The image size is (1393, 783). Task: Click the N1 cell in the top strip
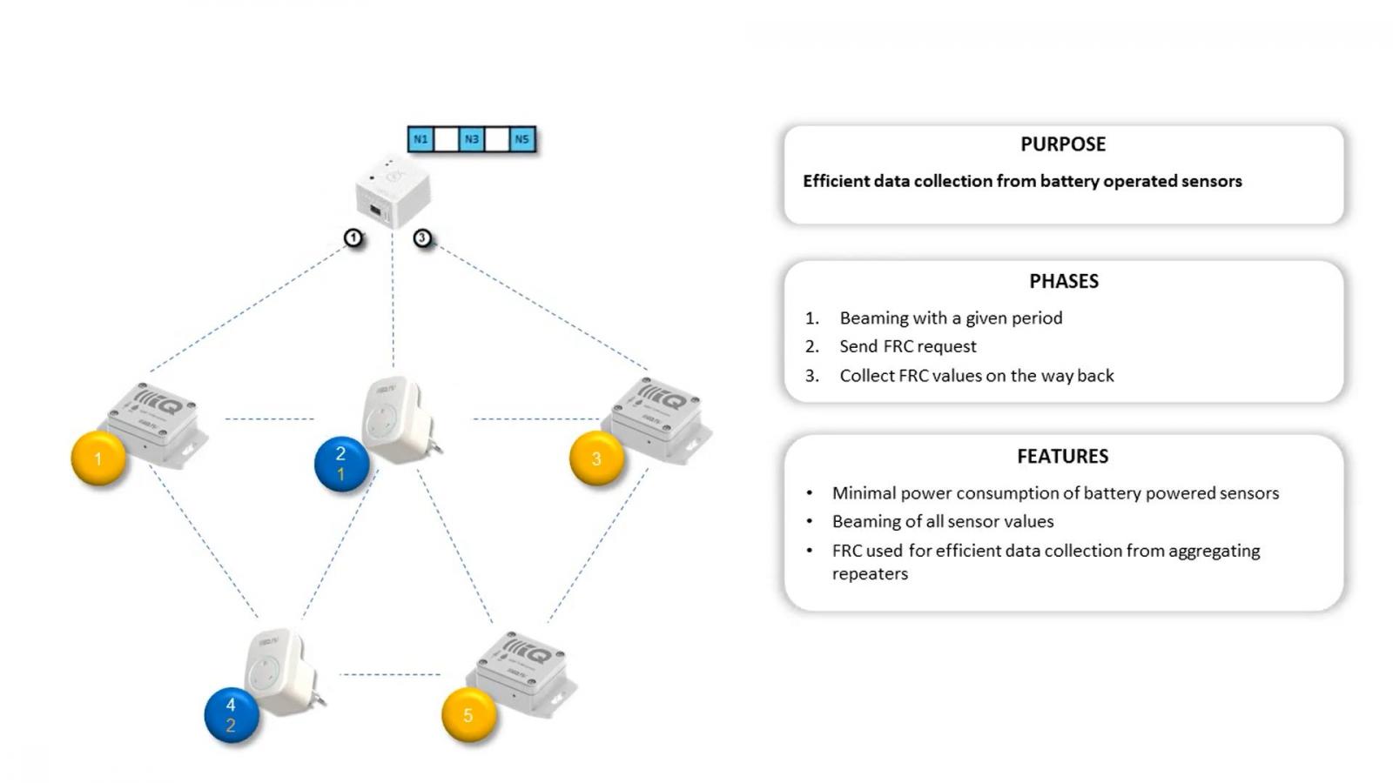click(x=421, y=139)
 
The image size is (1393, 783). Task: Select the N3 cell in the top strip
click(x=471, y=139)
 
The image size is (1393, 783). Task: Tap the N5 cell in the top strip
click(x=522, y=139)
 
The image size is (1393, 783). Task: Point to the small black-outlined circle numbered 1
click(x=353, y=238)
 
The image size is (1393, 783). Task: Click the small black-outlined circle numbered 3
click(x=422, y=238)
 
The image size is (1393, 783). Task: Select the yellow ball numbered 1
click(x=98, y=458)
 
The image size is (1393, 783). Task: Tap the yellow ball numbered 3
click(x=596, y=458)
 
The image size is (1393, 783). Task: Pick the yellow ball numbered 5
click(x=468, y=715)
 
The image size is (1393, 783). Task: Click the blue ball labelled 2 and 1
click(x=341, y=464)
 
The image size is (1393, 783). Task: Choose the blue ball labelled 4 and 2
click(x=232, y=715)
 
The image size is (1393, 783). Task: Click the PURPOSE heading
click(x=1063, y=144)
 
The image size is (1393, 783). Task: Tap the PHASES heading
click(x=1063, y=281)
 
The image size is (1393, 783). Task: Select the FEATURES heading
click(x=1062, y=456)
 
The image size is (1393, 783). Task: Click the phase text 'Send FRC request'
click(x=907, y=346)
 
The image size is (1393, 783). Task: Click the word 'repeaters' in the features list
click(x=870, y=573)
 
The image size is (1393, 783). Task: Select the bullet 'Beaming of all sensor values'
click(x=943, y=521)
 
